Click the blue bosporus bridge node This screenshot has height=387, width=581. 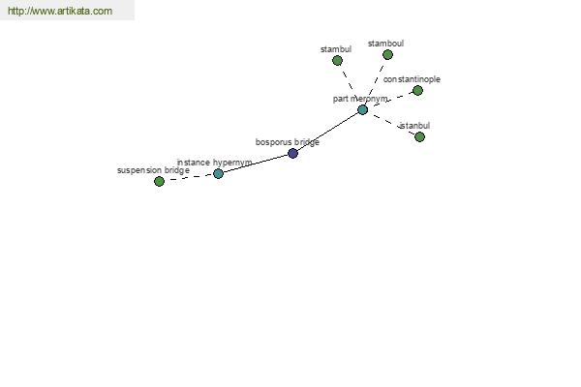[x=292, y=153]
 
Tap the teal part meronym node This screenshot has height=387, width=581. [x=362, y=109]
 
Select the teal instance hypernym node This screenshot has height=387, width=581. [x=218, y=173]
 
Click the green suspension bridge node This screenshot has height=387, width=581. [x=159, y=181]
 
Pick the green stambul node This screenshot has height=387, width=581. [x=337, y=60]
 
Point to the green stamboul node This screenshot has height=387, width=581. [x=387, y=55]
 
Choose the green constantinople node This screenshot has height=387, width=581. [x=417, y=90]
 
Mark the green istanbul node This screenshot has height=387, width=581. [x=419, y=137]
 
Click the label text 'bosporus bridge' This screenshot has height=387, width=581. [x=288, y=142]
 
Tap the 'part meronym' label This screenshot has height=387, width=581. [x=360, y=99]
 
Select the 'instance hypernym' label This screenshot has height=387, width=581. [x=215, y=163]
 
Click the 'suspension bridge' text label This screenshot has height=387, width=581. [x=153, y=170]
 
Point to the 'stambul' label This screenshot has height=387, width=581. [x=336, y=49]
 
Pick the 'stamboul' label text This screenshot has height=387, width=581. [x=385, y=44]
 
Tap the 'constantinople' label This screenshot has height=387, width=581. [x=412, y=79]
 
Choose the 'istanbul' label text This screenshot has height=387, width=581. [x=415, y=126]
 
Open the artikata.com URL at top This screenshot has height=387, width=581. [x=60, y=11]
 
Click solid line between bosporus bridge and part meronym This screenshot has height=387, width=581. [x=327, y=132]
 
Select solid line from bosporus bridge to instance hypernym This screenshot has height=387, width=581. [x=256, y=164]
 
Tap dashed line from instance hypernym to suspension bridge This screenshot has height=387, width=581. [x=189, y=177]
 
